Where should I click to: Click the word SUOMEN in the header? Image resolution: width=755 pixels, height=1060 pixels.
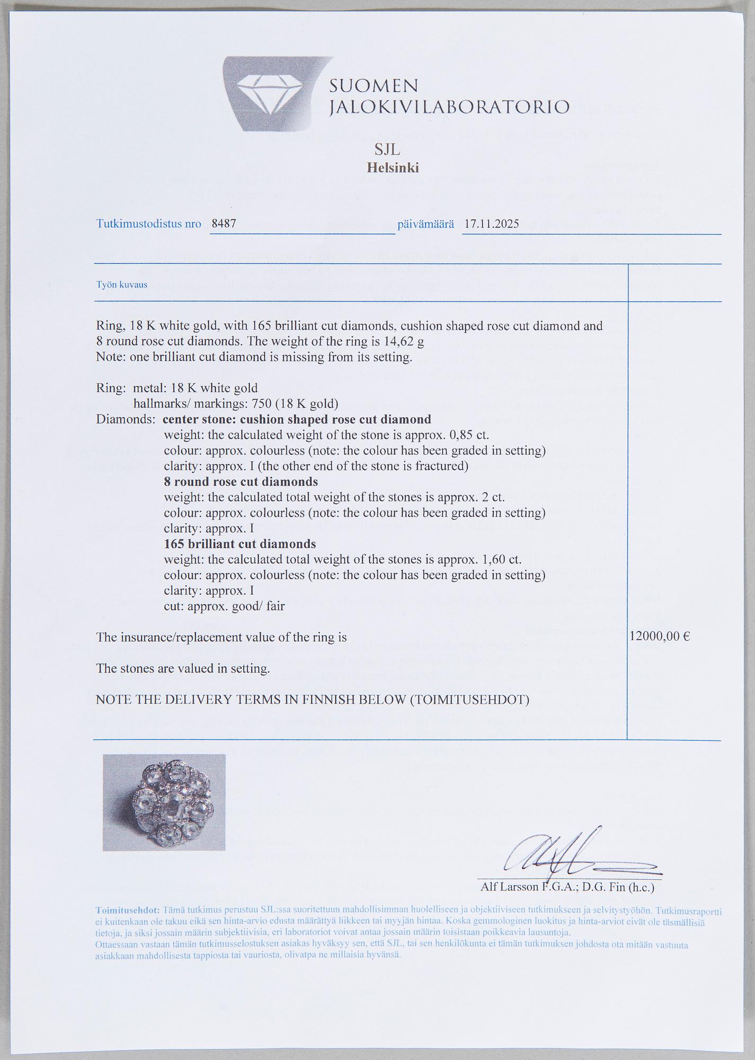(x=374, y=85)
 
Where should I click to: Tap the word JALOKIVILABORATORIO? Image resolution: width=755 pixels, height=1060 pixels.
(x=449, y=107)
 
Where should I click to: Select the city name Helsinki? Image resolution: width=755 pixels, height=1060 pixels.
(x=393, y=168)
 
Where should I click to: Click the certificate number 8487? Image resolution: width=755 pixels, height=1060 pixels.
(x=224, y=224)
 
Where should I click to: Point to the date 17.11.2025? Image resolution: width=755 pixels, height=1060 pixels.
(x=491, y=224)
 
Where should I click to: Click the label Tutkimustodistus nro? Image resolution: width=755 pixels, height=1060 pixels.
(x=149, y=224)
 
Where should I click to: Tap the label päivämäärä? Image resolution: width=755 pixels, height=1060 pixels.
(x=425, y=224)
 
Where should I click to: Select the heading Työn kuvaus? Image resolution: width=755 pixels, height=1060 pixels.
(x=122, y=285)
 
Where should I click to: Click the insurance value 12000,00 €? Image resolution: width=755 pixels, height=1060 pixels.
(x=660, y=637)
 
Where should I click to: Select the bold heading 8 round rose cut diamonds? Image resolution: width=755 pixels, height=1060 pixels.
(x=241, y=482)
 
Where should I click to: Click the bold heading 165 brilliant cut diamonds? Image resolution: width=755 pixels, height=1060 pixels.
(x=239, y=544)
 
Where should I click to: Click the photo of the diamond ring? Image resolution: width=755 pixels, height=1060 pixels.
(x=164, y=802)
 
